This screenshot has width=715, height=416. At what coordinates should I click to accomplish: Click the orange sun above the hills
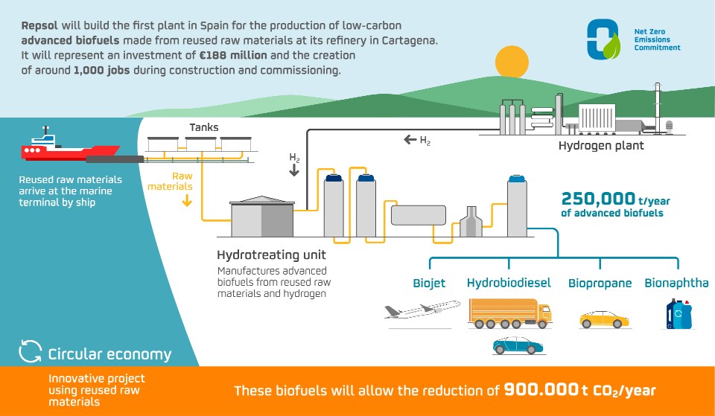512,61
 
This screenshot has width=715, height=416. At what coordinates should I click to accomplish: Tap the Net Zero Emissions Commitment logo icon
603,39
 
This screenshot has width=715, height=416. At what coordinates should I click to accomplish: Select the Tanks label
203,127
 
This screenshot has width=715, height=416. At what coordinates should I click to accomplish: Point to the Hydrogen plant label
601,146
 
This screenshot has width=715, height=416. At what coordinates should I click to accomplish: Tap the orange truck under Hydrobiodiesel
509,313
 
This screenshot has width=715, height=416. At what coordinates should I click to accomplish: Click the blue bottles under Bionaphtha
679,313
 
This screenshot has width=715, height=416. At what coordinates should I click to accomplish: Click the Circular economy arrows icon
31,353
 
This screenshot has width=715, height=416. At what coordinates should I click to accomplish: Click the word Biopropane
600,283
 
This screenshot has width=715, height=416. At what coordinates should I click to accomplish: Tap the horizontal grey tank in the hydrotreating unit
418,215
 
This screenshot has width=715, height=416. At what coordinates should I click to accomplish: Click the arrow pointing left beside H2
410,139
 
